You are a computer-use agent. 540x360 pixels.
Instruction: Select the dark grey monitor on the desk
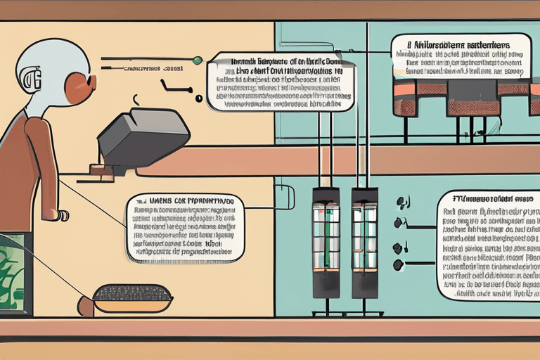(144, 137)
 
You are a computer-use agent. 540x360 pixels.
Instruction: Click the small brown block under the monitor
(99, 169)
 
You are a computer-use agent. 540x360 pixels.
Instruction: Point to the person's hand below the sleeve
(61, 214)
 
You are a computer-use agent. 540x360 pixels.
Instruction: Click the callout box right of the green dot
(280, 81)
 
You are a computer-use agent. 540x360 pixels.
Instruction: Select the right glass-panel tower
(366, 239)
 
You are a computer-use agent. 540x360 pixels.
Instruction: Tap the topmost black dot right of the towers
(402, 202)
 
